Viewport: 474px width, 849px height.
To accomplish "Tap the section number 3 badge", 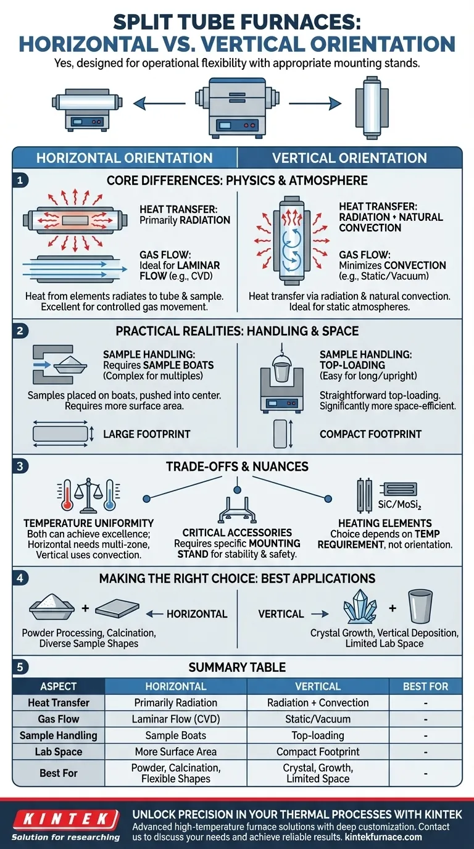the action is click(20, 466).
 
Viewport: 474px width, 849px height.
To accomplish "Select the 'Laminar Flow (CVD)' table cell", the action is click(176, 719).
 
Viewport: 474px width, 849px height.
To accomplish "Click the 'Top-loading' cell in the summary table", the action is click(318, 735).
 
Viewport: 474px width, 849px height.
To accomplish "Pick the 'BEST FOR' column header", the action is click(425, 686).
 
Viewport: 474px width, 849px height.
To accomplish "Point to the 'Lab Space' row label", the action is click(59, 752).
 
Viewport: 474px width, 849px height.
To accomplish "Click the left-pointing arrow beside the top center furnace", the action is click(159, 102).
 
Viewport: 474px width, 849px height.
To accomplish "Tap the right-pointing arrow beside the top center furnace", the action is click(315, 103).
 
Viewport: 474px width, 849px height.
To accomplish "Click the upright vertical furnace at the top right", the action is click(372, 107).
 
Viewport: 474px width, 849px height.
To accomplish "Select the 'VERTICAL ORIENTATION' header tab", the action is click(349, 158).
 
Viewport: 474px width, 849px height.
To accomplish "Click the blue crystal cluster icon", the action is click(360, 607).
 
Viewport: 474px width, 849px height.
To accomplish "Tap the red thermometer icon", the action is click(67, 495).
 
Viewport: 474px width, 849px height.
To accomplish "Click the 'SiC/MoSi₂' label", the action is click(399, 505).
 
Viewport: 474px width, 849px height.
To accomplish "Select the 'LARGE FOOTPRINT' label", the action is click(147, 434).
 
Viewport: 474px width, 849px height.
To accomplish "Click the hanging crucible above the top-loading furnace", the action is click(281, 364).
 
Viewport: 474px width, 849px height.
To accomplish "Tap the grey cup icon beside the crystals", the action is click(420, 607).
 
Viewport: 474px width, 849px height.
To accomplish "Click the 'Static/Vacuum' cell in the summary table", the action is click(318, 719).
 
